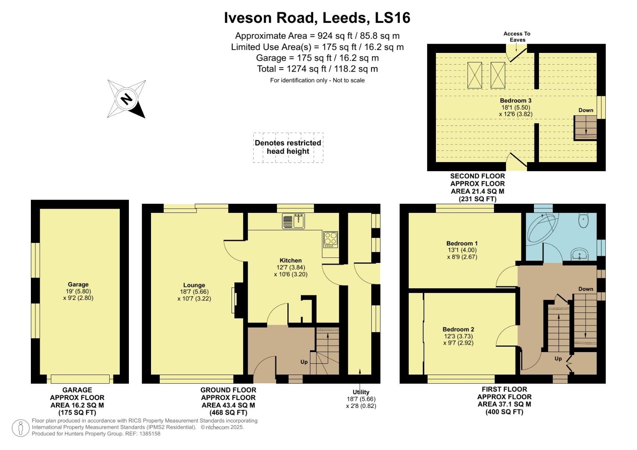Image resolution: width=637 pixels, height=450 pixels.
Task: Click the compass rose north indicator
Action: (127, 99)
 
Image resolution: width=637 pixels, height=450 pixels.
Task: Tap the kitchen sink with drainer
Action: (294, 221)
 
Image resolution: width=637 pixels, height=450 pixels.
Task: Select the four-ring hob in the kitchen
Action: (330, 239)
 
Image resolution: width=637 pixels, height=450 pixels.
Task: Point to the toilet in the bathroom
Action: (584, 220)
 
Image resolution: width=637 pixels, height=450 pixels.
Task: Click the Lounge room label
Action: (194, 285)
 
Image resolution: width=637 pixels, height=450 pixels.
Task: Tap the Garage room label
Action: (78, 285)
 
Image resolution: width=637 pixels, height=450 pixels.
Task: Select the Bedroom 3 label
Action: (516, 100)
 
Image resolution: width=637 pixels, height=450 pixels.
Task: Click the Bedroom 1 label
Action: (462, 243)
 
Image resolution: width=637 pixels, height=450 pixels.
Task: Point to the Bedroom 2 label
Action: (458, 329)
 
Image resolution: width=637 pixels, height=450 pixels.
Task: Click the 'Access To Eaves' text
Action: (517, 37)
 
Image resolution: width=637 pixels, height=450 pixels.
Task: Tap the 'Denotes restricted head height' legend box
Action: (288, 147)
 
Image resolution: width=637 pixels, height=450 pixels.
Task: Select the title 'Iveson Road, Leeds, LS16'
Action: (317, 17)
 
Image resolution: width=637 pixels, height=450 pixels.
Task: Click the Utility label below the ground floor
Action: (361, 392)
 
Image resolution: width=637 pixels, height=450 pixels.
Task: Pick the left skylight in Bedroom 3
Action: (474, 75)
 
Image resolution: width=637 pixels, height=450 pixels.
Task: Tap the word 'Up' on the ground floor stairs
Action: (304, 362)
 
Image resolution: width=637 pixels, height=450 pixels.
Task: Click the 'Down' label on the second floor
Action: (586, 110)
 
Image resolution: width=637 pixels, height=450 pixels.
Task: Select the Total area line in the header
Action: (317, 69)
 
